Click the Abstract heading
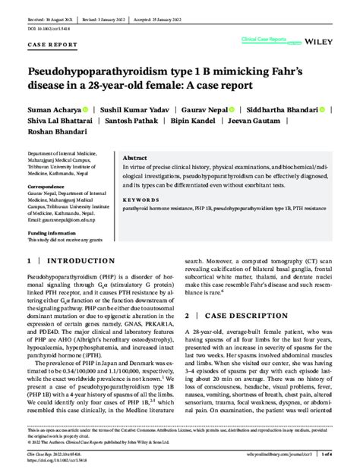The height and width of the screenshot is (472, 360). [135, 157]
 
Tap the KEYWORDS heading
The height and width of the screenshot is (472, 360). [139, 200]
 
